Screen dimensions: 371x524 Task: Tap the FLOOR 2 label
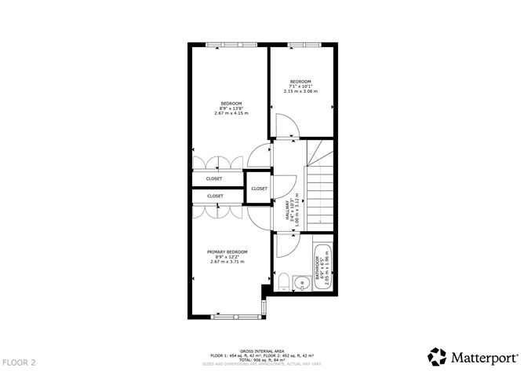[x=19, y=362]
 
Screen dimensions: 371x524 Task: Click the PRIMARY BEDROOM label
[x=227, y=252]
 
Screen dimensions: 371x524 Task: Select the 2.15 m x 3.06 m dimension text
[x=300, y=92]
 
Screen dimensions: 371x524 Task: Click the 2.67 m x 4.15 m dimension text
[x=231, y=113]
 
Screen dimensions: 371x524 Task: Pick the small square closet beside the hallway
[x=259, y=189]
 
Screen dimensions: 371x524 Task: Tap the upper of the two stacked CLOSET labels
[x=215, y=179]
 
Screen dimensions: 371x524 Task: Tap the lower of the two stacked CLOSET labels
[x=215, y=196]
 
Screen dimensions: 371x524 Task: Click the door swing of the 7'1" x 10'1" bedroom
[x=287, y=125]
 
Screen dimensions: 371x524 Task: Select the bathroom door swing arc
[x=284, y=245]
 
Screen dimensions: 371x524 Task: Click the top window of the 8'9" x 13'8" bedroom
[x=228, y=44]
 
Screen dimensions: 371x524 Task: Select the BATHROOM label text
[x=318, y=268]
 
